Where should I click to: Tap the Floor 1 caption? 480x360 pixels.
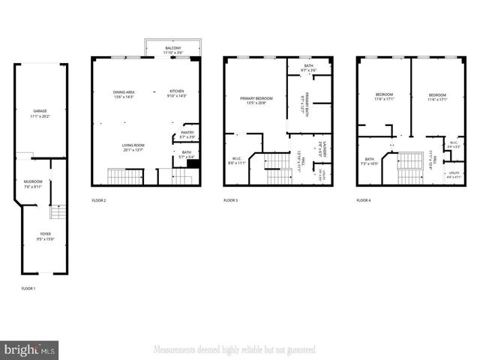(x=28, y=289)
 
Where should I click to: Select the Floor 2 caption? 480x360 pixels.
(x=99, y=200)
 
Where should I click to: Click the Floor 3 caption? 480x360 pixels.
(x=231, y=200)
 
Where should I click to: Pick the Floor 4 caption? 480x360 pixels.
(x=364, y=200)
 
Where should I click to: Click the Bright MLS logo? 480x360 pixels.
(x=30, y=349)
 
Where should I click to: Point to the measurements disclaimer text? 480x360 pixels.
(x=234, y=349)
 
